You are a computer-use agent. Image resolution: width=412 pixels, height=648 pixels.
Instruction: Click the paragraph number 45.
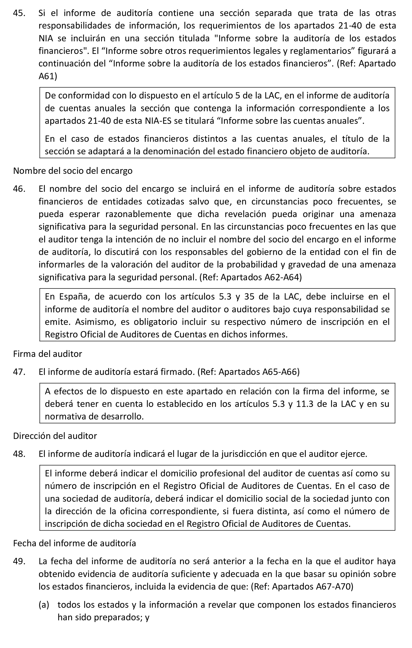click(x=19, y=13)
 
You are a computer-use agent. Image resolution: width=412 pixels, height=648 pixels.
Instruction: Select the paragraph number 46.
click(x=19, y=189)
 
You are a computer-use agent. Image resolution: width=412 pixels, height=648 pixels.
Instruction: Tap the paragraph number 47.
click(x=19, y=372)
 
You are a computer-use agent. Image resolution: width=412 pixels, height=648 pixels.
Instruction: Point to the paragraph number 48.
click(x=19, y=454)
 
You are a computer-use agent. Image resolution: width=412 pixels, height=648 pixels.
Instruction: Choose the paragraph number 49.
click(x=19, y=561)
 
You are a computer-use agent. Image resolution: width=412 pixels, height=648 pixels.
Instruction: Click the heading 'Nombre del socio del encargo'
click(x=73, y=171)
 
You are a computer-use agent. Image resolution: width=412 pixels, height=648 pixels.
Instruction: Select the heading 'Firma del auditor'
click(x=48, y=354)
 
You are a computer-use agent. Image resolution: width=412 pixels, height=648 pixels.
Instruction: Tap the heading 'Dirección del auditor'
click(x=55, y=436)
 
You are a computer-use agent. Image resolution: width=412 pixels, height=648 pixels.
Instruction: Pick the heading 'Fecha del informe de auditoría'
click(x=74, y=543)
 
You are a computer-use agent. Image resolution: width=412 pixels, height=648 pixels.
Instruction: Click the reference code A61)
click(x=48, y=76)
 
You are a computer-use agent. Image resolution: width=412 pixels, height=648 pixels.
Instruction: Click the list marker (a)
click(x=44, y=605)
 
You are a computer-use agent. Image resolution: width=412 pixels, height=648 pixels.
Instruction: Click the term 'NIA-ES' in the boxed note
click(x=158, y=121)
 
